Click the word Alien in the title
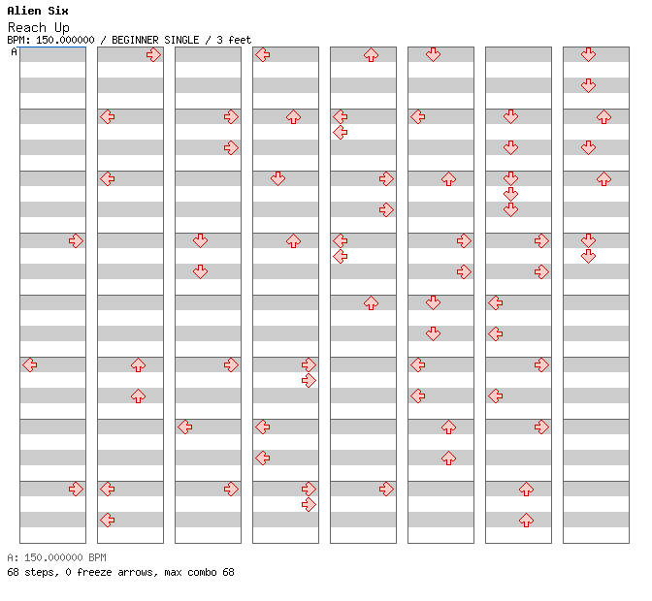pyautogui.click(x=24, y=11)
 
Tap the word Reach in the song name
pyautogui.click(x=26, y=27)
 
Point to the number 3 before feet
pyautogui.click(x=219, y=40)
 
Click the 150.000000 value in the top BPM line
pyautogui.click(x=65, y=40)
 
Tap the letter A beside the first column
pyautogui.click(x=15, y=51)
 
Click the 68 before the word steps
pyautogui.click(x=13, y=572)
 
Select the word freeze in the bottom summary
pyautogui.click(x=94, y=572)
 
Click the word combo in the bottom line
pyautogui.click(x=202, y=572)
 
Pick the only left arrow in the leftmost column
pyautogui.click(x=30, y=365)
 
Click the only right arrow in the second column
pyautogui.click(x=154, y=55)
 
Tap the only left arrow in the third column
pyautogui.click(x=185, y=427)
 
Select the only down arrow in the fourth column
pyautogui.click(x=277, y=179)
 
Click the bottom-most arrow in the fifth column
pyautogui.click(x=386, y=489)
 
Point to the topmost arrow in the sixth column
pyautogui.click(x=434, y=55)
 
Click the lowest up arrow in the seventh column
pyautogui.click(x=527, y=520)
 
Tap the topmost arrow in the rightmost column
pyautogui.click(x=588, y=55)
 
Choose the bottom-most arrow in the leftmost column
pyautogui.click(x=76, y=489)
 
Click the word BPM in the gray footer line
pyautogui.click(x=97, y=557)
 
